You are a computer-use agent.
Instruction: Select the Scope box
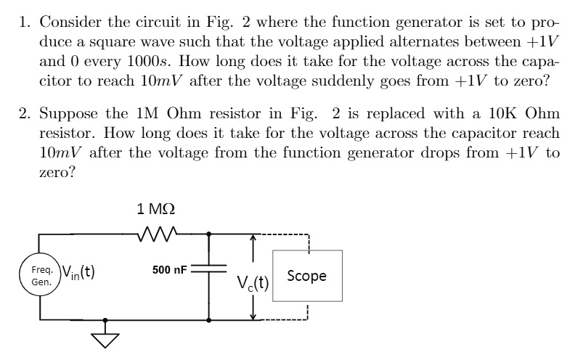pyautogui.click(x=306, y=276)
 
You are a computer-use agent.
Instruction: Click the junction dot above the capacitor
pyautogui.click(x=209, y=234)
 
